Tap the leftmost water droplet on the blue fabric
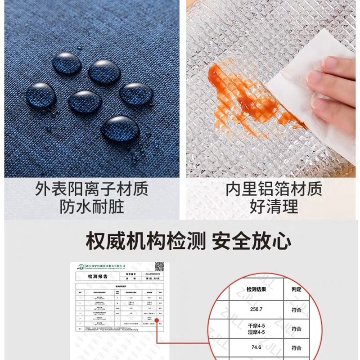[41, 95]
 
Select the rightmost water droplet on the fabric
[136, 94]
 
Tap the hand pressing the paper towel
[335, 90]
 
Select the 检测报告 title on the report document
[96, 278]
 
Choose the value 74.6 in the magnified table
[256, 347]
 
